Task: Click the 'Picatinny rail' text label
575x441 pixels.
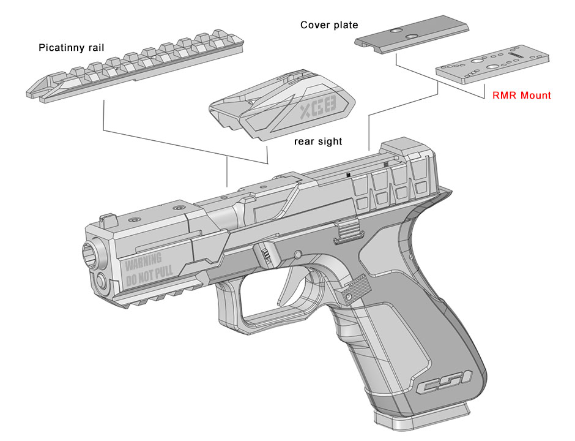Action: (67, 47)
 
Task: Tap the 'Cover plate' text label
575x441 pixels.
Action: (329, 25)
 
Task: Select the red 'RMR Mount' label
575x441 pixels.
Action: (521, 96)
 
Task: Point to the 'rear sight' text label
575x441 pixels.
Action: (317, 141)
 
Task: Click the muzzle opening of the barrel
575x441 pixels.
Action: (91, 253)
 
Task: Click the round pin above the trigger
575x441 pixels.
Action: (297, 254)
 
